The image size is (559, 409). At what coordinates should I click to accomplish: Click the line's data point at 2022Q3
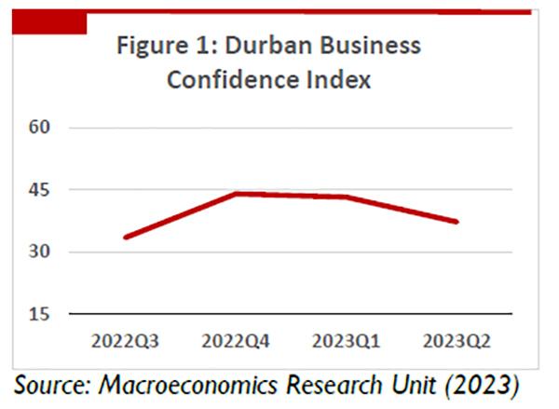pos(126,237)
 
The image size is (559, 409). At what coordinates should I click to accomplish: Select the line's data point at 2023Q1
pos(344,197)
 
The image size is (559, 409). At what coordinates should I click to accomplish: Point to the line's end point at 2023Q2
pos(456,222)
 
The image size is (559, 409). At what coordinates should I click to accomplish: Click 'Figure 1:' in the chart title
pos(159,46)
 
